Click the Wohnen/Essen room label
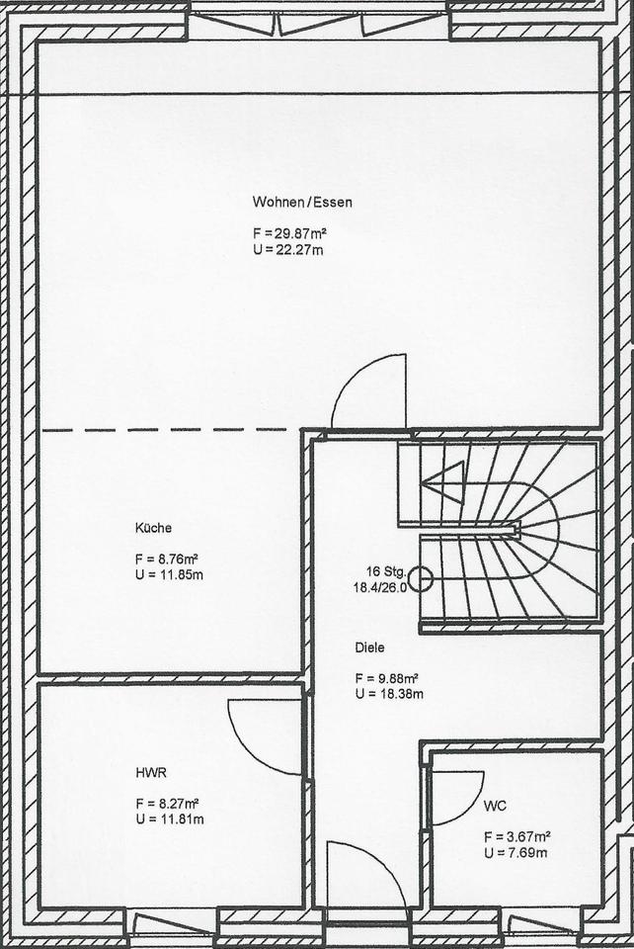coord(302,202)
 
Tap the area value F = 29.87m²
coord(290,233)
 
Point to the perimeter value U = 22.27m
coord(288,249)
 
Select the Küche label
coord(153,528)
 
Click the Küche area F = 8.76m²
coord(168,559)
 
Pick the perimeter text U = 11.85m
coord(169,574)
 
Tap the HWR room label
coord(151,773)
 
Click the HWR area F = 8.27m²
coord(168,804)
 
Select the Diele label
coord(370,647)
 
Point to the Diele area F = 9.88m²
coord(387,678)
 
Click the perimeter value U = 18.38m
coord(389,694)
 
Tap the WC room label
coord(495,807)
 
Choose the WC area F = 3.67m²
coord(516,837)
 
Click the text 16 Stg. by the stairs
coord(385,570)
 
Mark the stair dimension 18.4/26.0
coord(380,586)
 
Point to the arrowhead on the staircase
coord(442,482)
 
